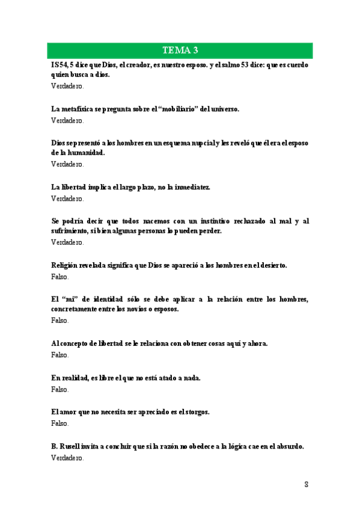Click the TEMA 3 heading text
click(180, 50)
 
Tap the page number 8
click(306, 484)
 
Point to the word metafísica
click(79, 109)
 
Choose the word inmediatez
click(192, 188)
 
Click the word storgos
click(195, 412)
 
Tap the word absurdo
click(288, 446)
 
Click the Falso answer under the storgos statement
click(60, 423)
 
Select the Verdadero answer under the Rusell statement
click(67, 458)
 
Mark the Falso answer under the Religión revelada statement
click(60, 277)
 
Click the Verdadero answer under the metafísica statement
click(67, 120)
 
